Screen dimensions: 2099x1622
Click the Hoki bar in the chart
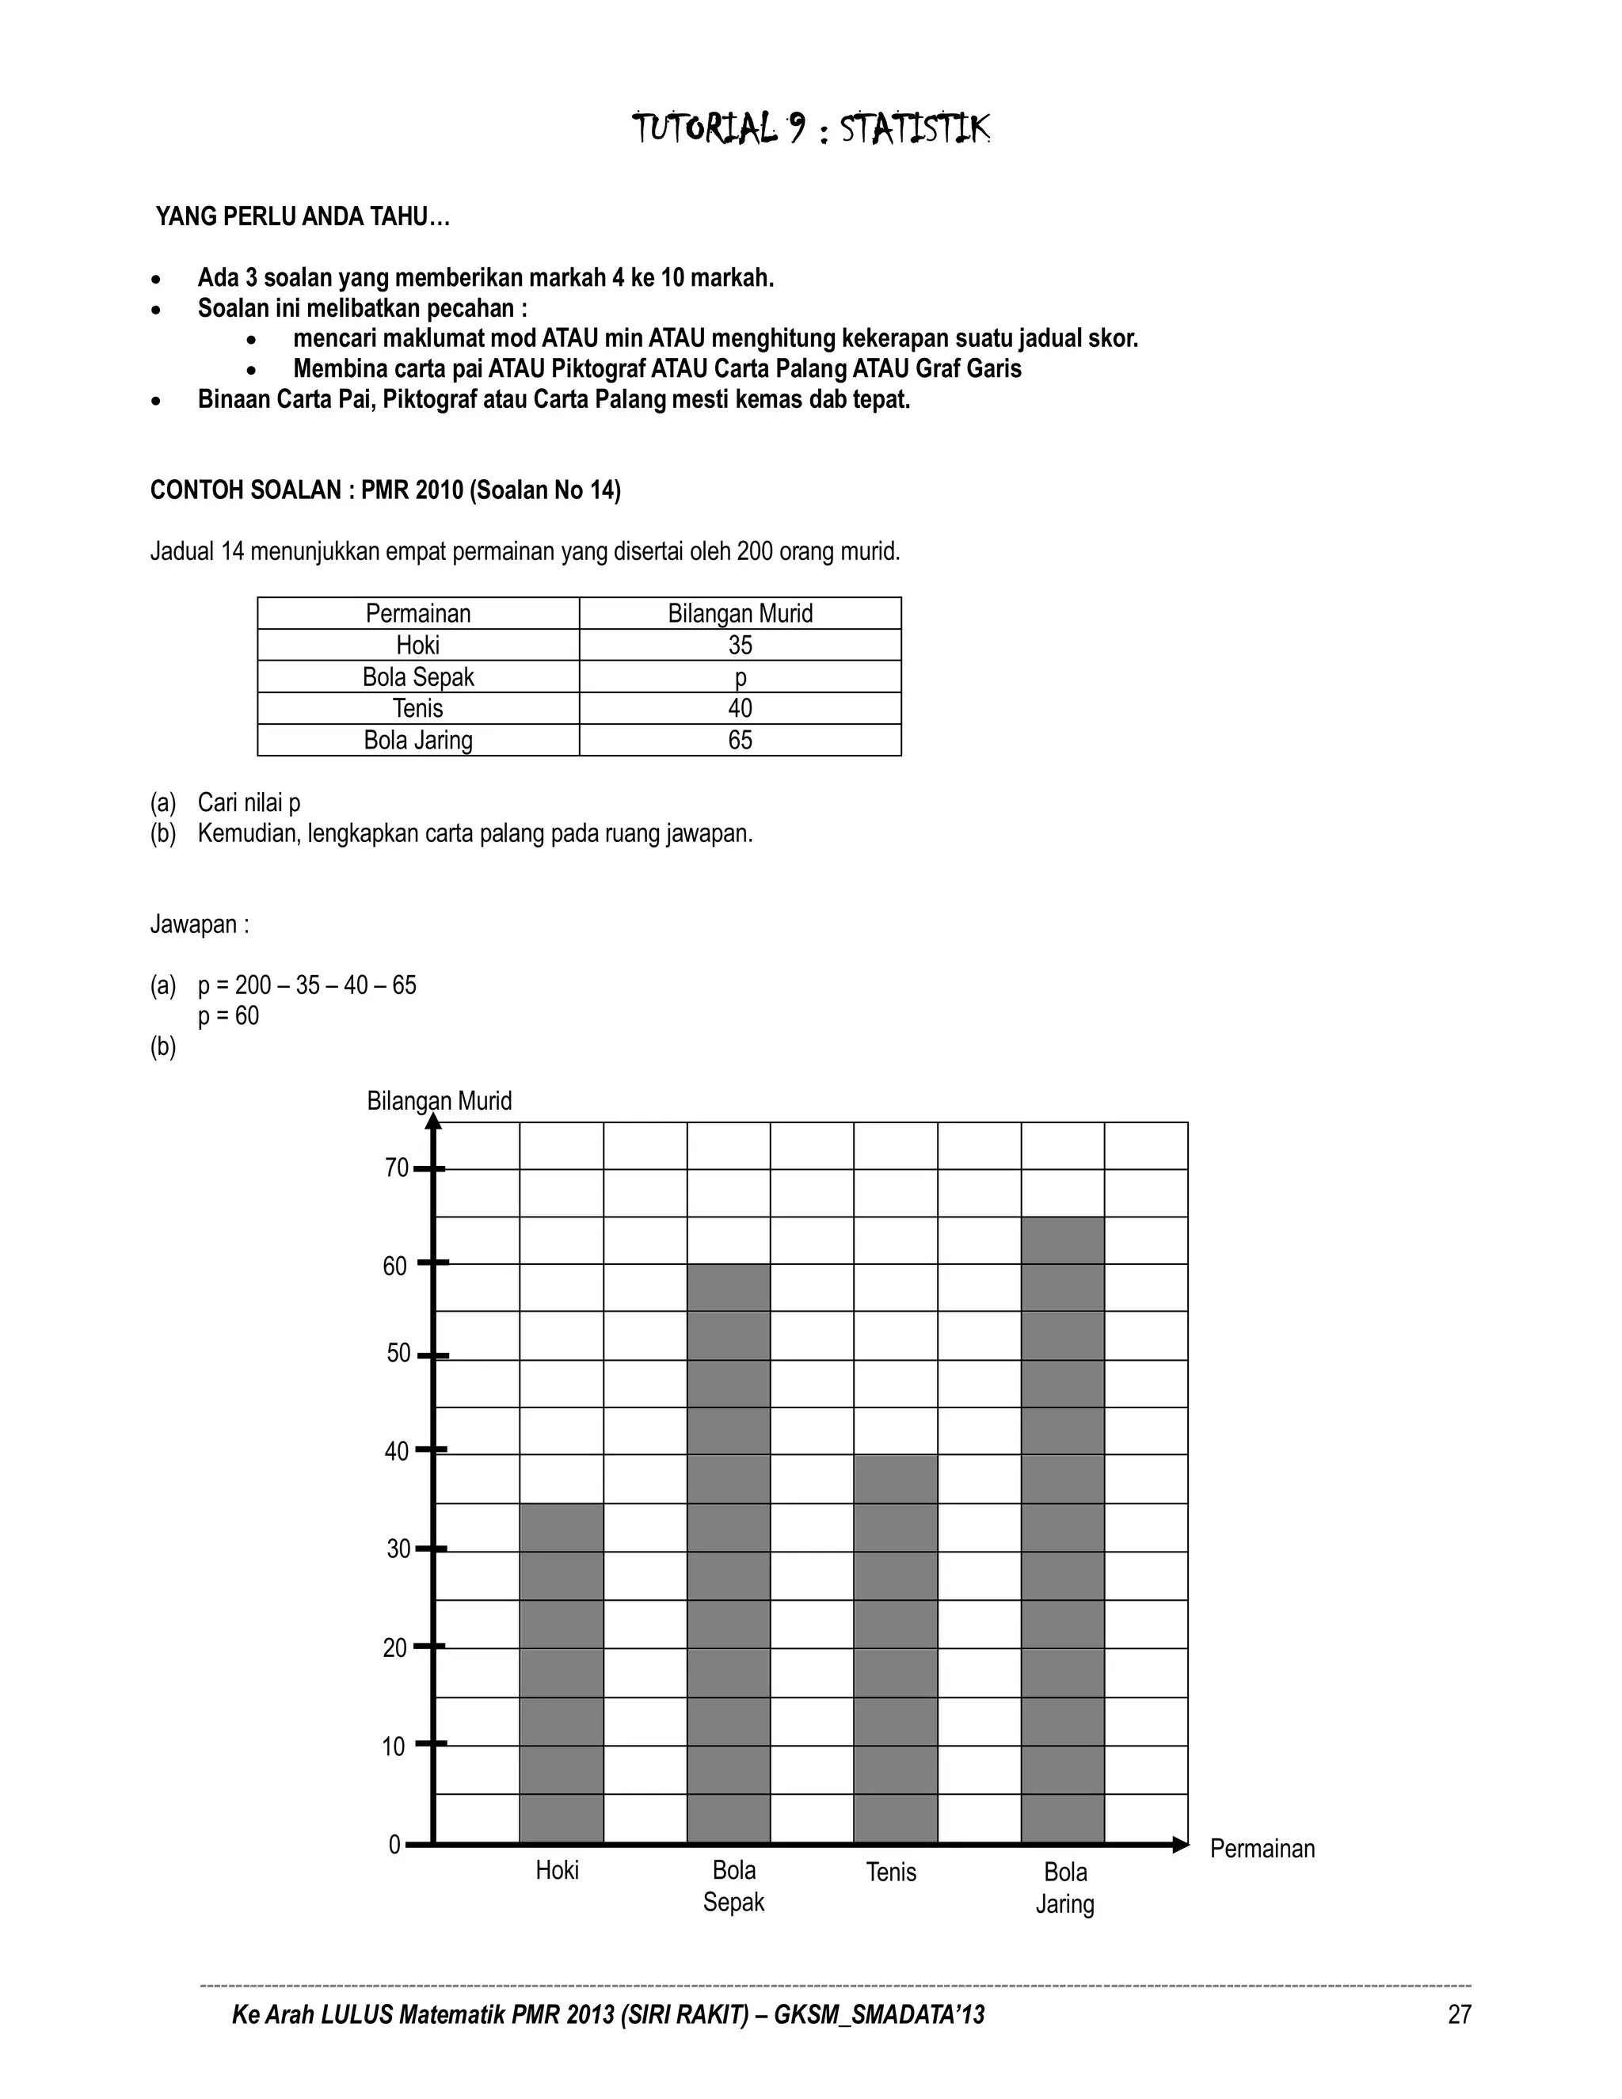click(x=562, y=1672)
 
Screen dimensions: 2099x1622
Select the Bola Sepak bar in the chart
click(x=729, y=1552)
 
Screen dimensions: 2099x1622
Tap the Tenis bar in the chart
click(x=896, y=1648)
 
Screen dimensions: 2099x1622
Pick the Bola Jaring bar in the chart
click(x=1063, y=1528)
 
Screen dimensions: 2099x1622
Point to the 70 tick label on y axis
click(x=396, y=1168)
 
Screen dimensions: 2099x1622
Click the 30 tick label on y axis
click(x=398, y=1549)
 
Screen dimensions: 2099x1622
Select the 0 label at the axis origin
click(x=394, y=1844)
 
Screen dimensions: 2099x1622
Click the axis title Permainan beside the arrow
click(x=1262, y=1848)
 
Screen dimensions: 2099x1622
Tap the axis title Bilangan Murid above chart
click(x=439, y=1100)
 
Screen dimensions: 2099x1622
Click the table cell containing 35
click(x=740, y=645)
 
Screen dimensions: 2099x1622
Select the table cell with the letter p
click(x=740, y=676)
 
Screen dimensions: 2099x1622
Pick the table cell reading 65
click(x=740, y=740)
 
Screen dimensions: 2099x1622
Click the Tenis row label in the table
click(x=418, y=708)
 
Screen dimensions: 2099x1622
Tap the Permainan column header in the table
click(x=418, y=613)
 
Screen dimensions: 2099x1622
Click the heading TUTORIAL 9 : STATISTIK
click(x=810, y=128)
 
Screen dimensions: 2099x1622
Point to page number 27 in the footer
click(x=1459, y=2014)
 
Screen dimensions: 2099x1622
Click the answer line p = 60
click(x=229, y=1016)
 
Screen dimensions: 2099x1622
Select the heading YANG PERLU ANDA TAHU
click(x=303, y=216)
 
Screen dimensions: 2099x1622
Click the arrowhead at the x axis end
click(x=1181, y=1844)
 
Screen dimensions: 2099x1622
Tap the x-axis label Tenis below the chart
click(x=891, y=1871)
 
